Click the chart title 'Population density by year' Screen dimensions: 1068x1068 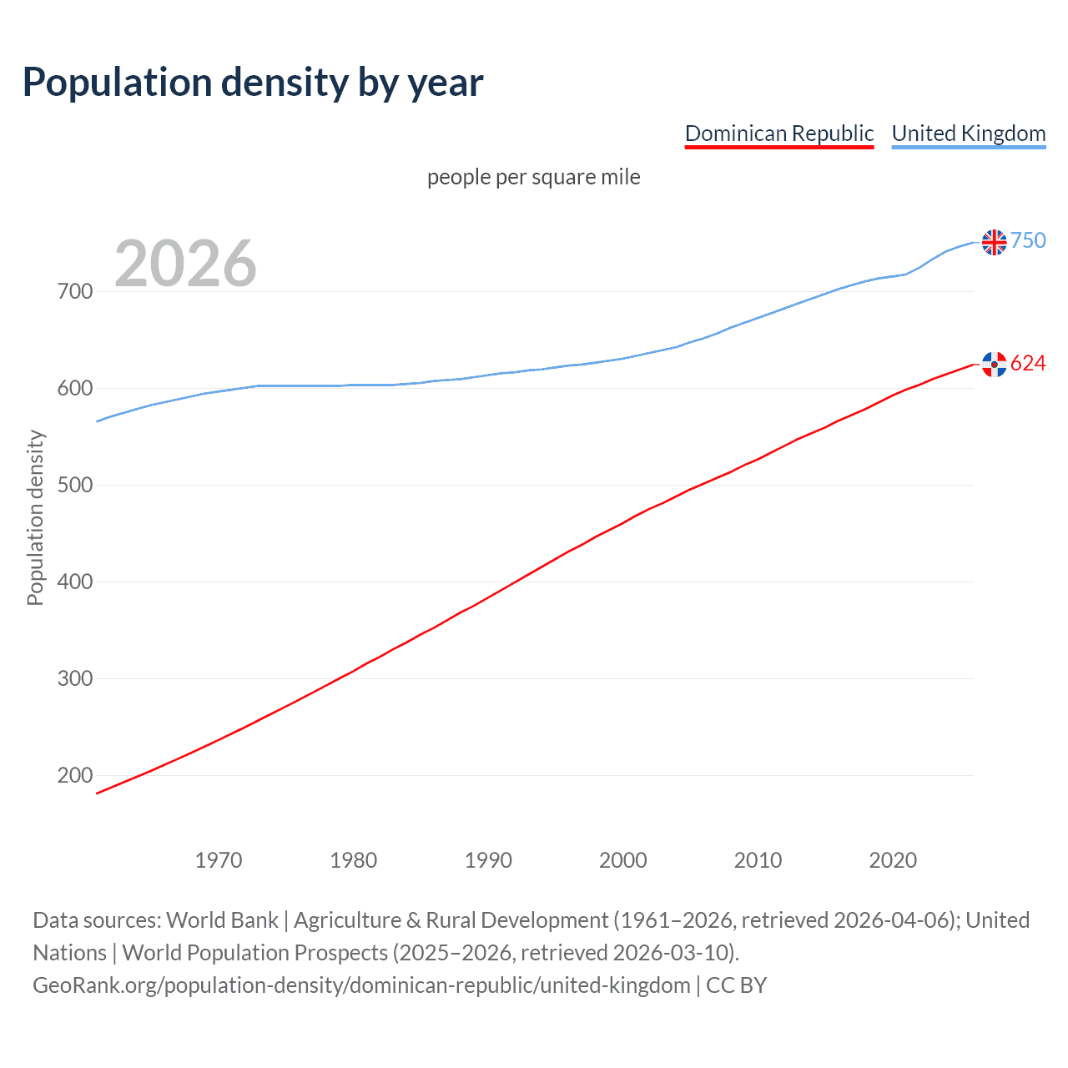pyautogui.click(x=253, y=83)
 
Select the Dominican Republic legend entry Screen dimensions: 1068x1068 pyautogui.click(x=778, y=133)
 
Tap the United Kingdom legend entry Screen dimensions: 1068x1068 pyautogui.click(x=968, y=133)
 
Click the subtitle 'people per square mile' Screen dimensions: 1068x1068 pyautogui.click(x=533, y=178)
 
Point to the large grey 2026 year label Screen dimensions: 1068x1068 pyautogui.click(x=185, y=264)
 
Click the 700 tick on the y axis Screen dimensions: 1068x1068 pyautogui.click(x=74, y=292)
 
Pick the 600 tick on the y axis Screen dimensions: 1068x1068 pyautogui.click(x=74, y=389)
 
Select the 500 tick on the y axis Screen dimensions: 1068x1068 pyautogui.click(x=74, y=486)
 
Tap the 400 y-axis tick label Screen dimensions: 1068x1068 pyautogui.click(x=74, y=582)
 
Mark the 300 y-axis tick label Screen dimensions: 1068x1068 pyautogui.click(x=74, y=679)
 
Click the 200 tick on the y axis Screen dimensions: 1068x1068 pyautogui.click(x=74, y=776)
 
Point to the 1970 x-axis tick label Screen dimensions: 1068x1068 pyautogui.click(x=219, y=860)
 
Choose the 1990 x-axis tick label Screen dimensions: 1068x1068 pyautogui.click(x=488, y=860)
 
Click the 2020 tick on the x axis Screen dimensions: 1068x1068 pyautogui.click(x=893, y=860)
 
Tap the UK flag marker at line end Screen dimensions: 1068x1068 pyautogui.click(x=994, y=242)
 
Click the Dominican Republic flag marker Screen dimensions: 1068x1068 pyautogui.click(x=994, y=364)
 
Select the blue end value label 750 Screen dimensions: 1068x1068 pyautogui.click(x=1028, y=241)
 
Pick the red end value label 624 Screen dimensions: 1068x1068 pyautogui.click(x=1028, y=364)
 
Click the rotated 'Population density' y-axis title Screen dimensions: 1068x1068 pyautogui.click(x=35, y=517)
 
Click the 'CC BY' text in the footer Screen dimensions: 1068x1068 pyautogui.click(x=736, y=985)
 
